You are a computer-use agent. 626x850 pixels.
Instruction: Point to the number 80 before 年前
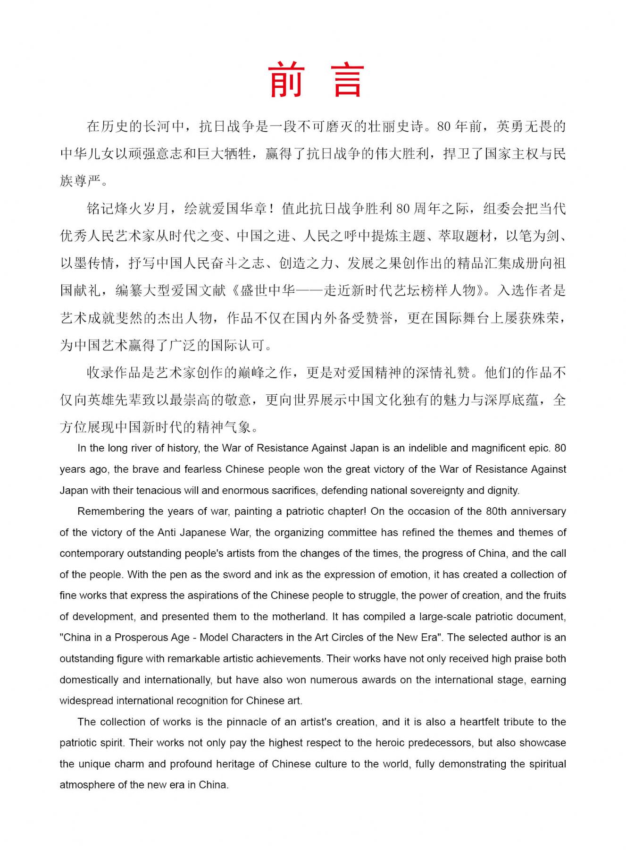[444, 127]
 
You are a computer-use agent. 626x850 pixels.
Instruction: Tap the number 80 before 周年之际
[403, 209]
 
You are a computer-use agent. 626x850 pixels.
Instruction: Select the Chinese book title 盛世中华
[267, 290]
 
